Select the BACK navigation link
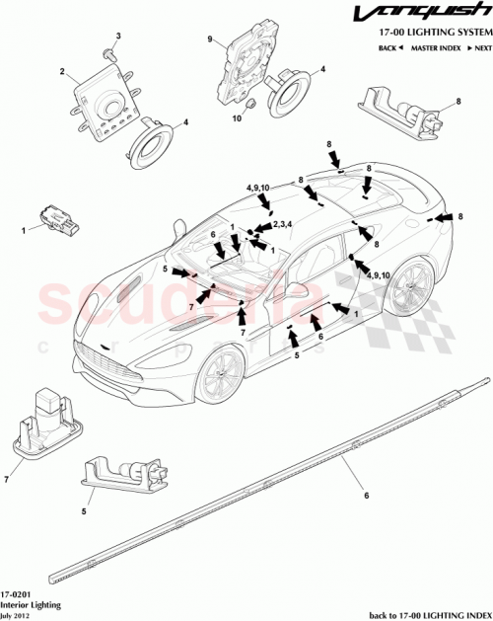(391, 47)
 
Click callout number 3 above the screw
(118, 37)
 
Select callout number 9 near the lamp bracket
(210, 39)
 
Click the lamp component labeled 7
(44, 419)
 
